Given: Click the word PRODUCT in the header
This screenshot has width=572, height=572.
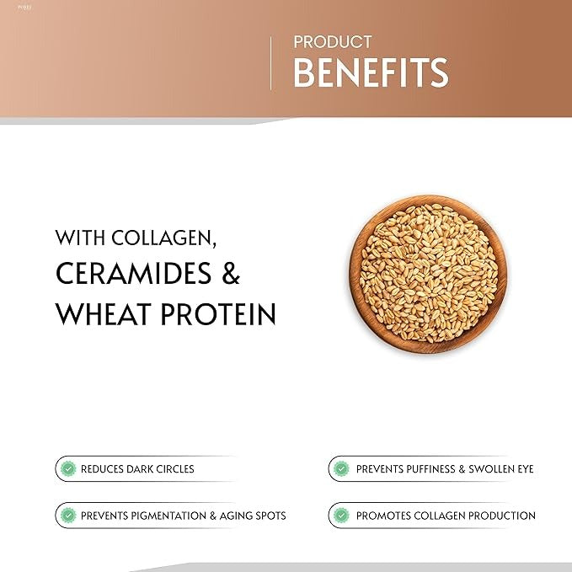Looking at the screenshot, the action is click(333, 42).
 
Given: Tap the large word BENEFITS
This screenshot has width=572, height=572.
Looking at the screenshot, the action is click(371, 72).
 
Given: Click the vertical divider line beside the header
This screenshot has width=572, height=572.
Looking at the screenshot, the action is click(270, 63).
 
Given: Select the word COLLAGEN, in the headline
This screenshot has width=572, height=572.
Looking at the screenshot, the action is click(163, 238).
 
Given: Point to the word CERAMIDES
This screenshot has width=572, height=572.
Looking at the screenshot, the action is click(133, 273).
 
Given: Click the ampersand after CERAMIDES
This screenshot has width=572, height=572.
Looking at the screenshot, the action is click(231, 273).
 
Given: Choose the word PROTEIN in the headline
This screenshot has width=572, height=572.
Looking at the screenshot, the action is click(218, 313).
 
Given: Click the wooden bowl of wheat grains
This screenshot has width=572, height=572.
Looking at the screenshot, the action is click(428, 275).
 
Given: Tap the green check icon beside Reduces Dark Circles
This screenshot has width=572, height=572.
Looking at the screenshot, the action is click(68, 468).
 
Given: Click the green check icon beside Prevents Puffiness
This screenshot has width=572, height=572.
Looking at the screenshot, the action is click(341, 468).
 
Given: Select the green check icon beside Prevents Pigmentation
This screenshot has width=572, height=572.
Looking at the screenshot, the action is click(68, 516).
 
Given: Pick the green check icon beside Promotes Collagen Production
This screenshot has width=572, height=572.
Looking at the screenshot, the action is click(341, 516).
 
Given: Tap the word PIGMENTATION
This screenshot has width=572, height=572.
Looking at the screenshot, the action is click(168, 516).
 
